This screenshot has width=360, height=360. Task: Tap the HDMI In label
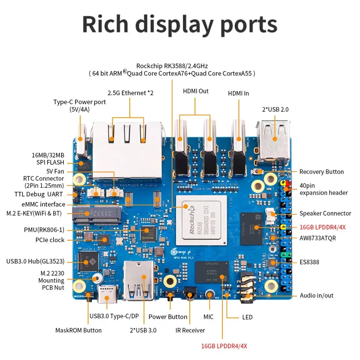tap(238, 93)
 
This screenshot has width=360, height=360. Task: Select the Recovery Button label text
tap(321, 172)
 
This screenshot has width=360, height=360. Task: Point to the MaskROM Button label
tap(78, 330)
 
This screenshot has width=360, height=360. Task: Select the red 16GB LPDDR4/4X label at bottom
tap(224, 346)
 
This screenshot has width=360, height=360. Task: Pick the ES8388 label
tap(309, 262)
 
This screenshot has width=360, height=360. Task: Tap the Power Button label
tap(168, 317)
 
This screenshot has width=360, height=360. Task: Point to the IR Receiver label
tap(190, 330)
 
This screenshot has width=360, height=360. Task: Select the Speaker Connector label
tap(325, 213)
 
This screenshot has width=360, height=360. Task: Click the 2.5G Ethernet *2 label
tap(130, 93)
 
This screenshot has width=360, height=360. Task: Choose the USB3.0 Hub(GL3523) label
tap(35, 261)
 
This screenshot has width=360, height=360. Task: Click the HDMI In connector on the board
tap(238, 150)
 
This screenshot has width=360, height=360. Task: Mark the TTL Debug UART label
tap(39, 194)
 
